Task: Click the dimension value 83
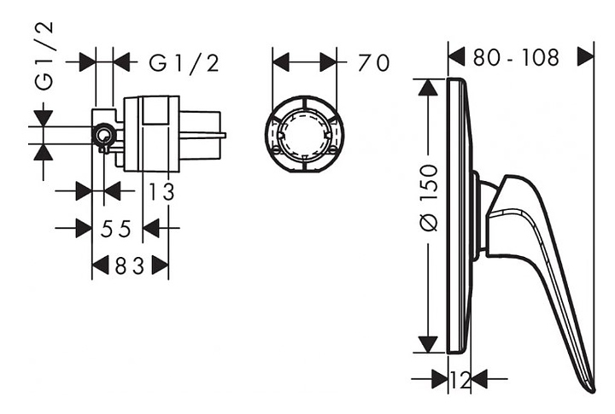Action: click(130, 265)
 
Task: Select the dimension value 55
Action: click(115, 229)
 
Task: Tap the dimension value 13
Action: click(161, 192)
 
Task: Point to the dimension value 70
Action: click(373, 62)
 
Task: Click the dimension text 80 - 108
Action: click(515, 58)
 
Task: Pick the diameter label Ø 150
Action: click(428, 198)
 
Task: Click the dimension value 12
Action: click(460, 380)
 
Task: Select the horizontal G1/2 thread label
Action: click(184, 62)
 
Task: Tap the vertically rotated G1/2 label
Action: click(44, 56)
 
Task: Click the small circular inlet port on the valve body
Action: click(104, 136)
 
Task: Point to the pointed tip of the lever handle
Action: click(594, 391)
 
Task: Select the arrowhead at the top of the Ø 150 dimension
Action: click(428, 87)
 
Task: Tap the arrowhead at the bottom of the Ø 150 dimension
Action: click(428, 345)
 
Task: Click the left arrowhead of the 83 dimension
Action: click(101, 265)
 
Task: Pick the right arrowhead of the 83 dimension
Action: click(161, 265)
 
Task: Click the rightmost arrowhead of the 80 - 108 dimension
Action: click(586, 57)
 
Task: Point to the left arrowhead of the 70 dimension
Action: click(281, 62)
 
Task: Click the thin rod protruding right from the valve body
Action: click(203, 136)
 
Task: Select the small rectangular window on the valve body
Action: click(155, 111)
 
